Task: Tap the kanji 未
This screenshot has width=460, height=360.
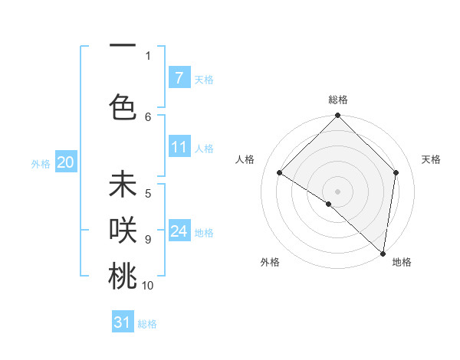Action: click(x=123, y=185)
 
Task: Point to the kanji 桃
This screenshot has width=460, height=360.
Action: click(x=123, y=276)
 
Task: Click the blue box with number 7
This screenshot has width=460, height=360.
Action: click(x=179, y=77)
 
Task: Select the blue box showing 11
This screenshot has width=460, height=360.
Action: click(x=179, y=147)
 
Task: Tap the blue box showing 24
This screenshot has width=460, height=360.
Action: click(x=179, y=231)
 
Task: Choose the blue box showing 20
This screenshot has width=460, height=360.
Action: click(x=66, y=162)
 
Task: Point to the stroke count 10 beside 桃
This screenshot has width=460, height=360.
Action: click(x=148, y=286)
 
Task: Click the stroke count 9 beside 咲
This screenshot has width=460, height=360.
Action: click(x=148, y=239)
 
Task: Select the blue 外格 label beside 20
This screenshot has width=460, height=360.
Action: click(x=41, y=163)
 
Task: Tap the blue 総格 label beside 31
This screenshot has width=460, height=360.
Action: click(x=147, y=324)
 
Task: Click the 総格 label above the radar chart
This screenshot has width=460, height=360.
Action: click(x=338, y=100)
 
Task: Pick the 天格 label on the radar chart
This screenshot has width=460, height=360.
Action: click(x=431, y=159)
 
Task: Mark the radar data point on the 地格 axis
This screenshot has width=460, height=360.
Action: click(x=383, y=253)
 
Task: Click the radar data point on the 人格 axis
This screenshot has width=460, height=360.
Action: click(x=280, y=172)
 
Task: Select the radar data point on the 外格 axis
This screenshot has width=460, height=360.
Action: click(x=329, y=204)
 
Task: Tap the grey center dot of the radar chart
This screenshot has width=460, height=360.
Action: click(x=337, y=191)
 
